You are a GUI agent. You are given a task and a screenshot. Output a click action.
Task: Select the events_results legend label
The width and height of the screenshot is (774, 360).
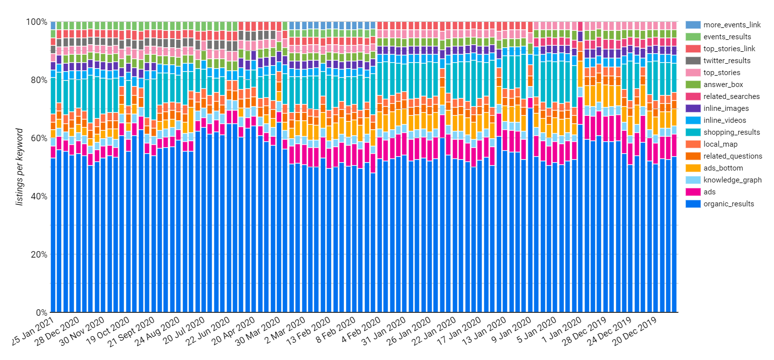723,36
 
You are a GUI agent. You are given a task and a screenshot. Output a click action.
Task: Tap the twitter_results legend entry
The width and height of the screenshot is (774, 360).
724,60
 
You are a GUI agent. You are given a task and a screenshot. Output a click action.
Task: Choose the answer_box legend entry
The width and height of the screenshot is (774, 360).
719,84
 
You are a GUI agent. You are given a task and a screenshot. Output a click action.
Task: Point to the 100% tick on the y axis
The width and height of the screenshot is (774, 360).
38,22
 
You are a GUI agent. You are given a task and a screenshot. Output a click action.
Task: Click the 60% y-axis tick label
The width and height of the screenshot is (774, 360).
40,138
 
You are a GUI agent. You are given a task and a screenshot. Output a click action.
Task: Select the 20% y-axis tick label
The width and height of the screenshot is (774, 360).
40,255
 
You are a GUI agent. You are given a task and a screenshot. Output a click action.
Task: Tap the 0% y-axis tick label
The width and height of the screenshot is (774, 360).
42,313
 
